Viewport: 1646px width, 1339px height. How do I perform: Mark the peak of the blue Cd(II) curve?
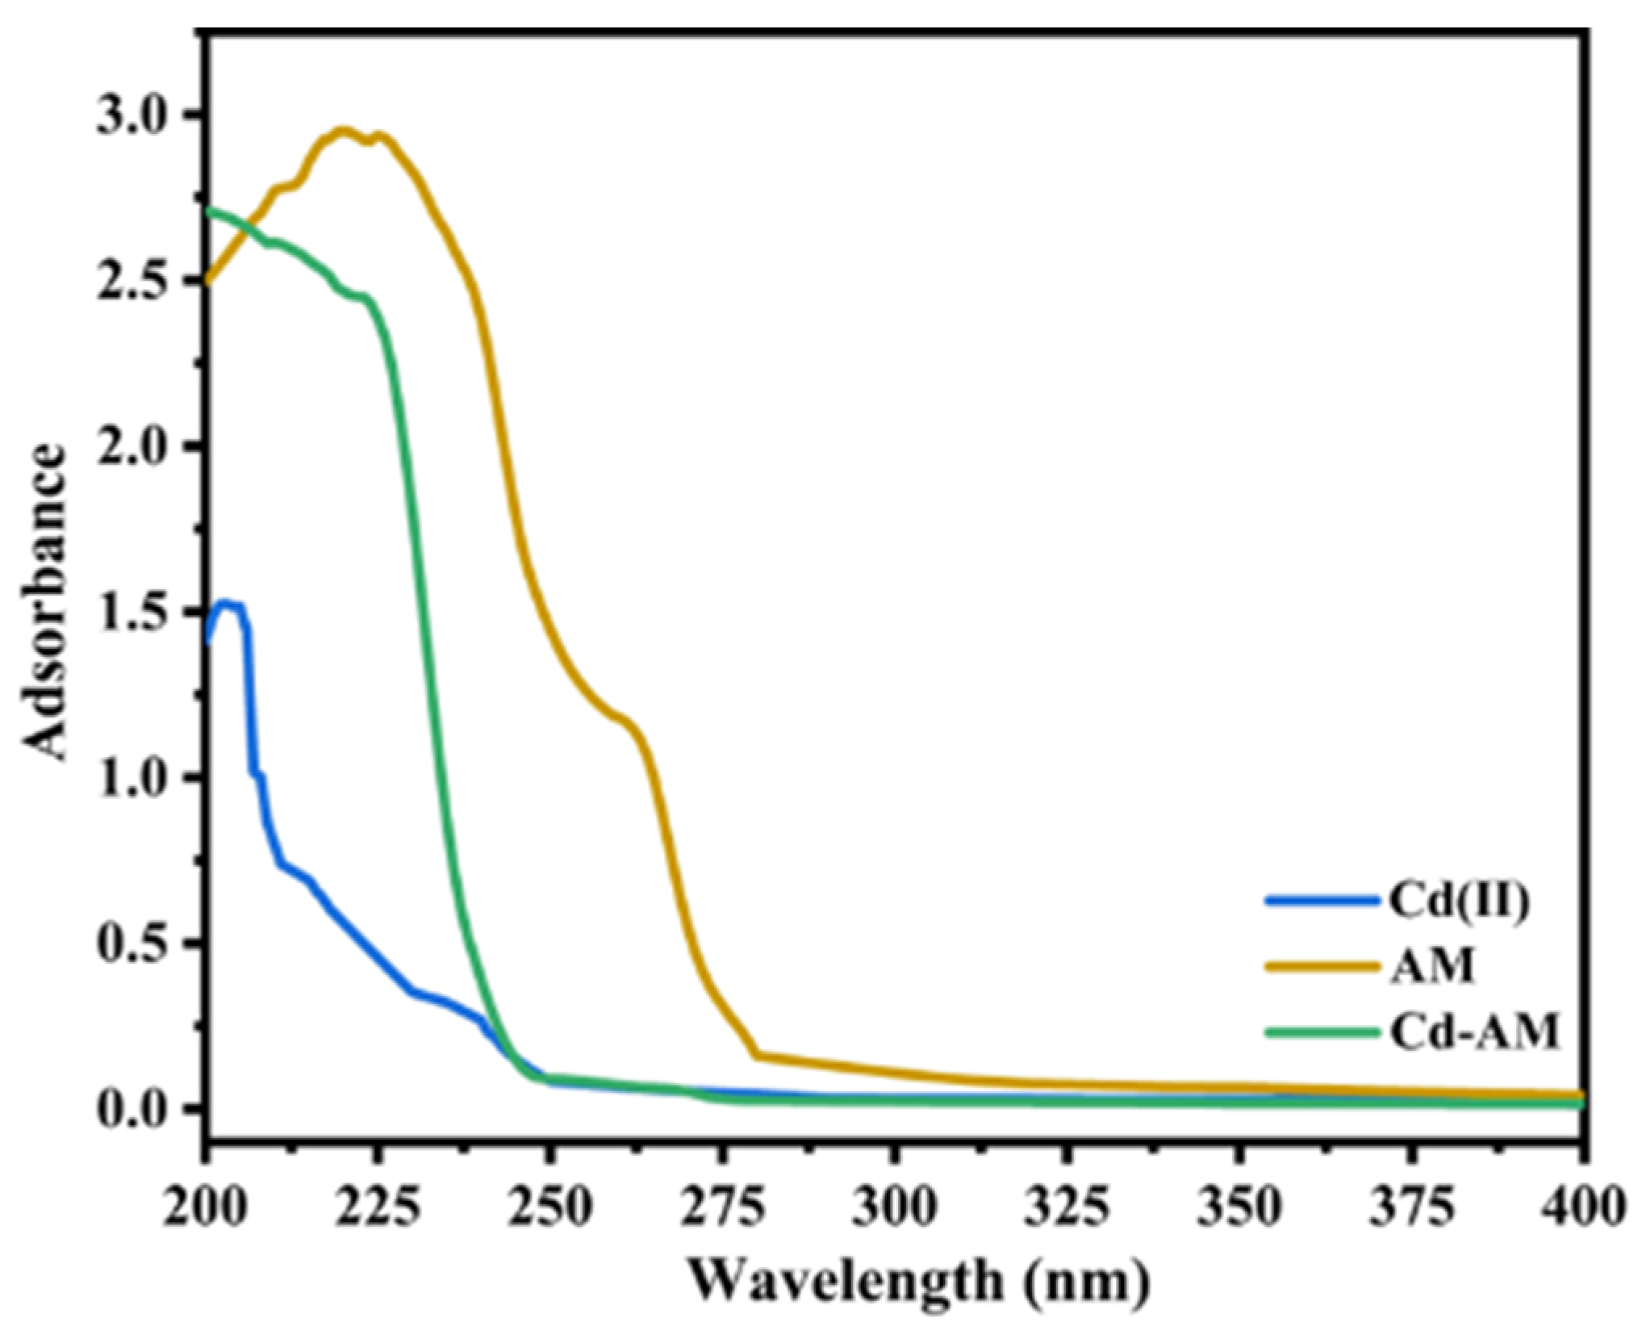click(x=227, y=602)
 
